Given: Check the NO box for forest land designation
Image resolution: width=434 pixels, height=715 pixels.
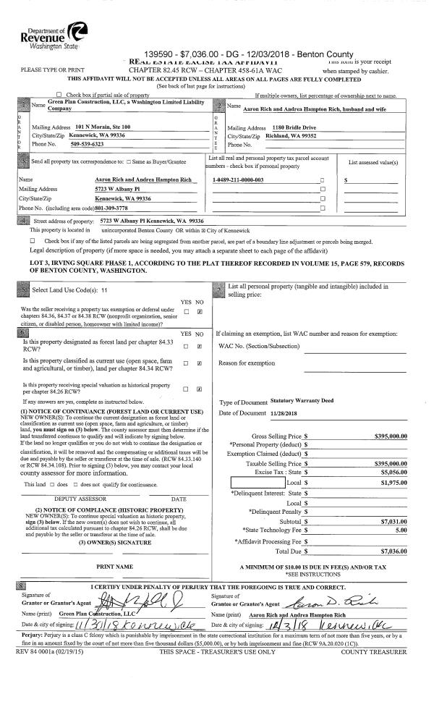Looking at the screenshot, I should coord(199,347).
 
